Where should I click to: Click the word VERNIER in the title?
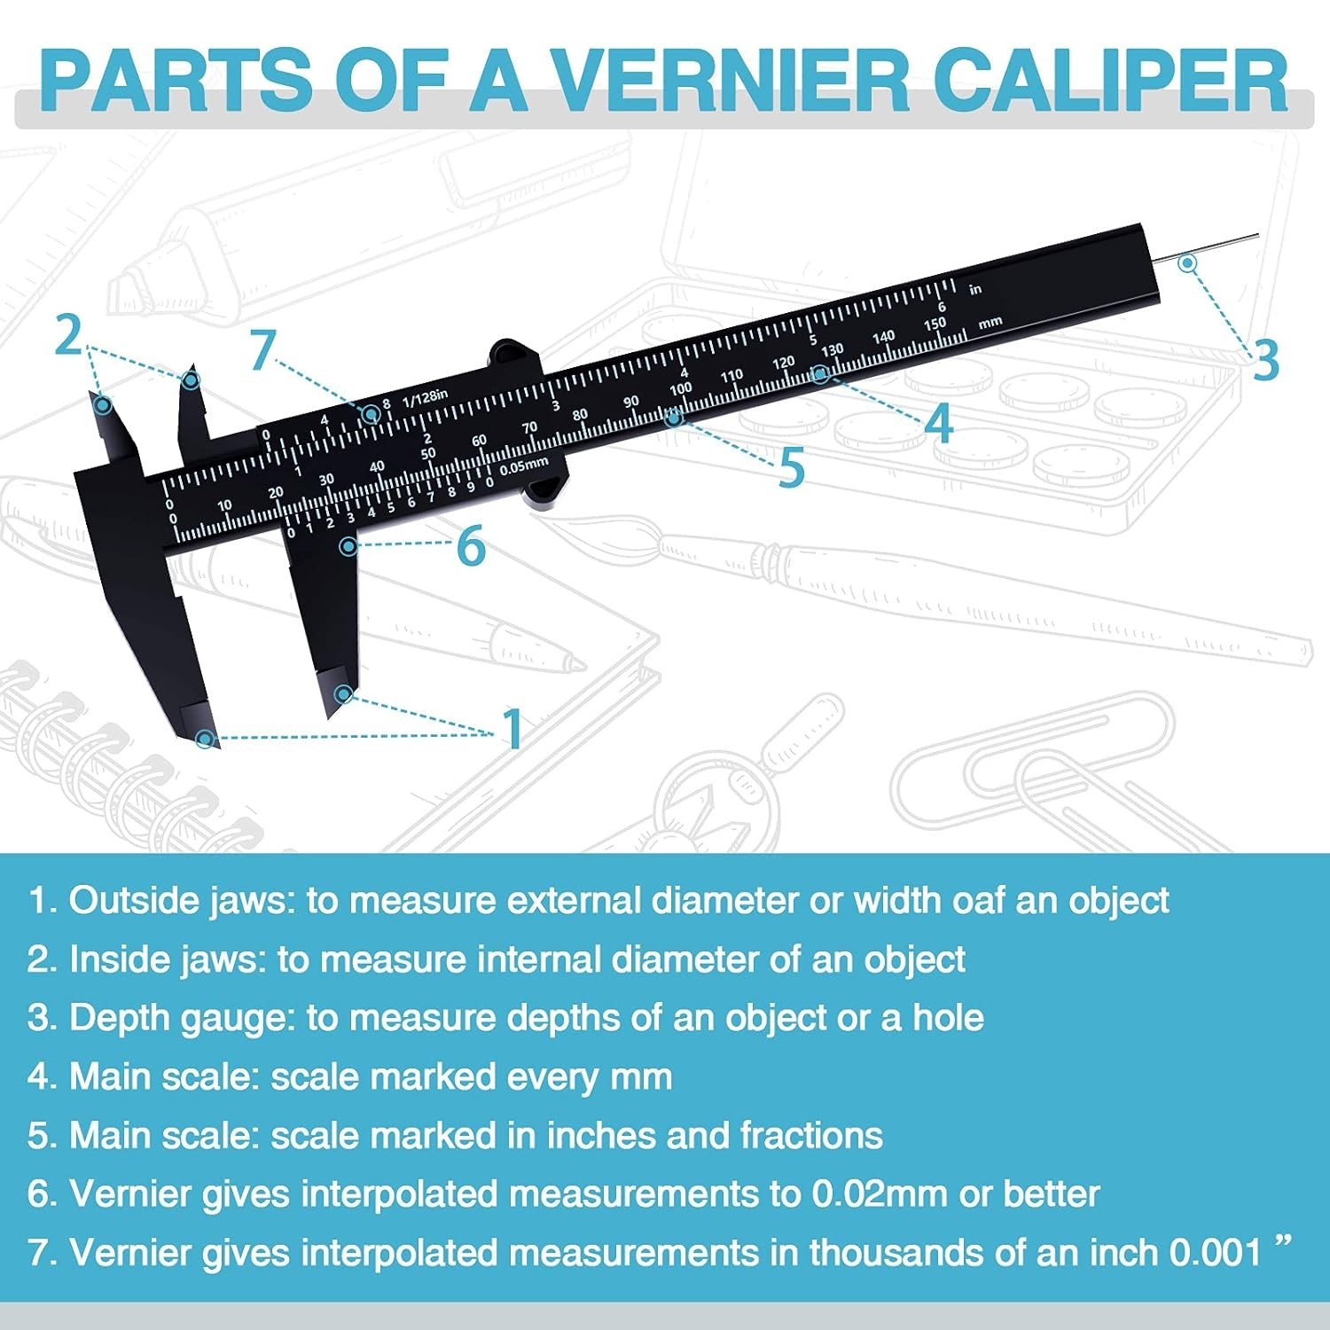click(732, 81)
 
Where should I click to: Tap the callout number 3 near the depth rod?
click(1266, 360)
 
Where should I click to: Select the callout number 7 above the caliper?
click(262, 350)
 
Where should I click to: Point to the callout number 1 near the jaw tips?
click(512, 729)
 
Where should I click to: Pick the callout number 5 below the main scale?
click(791, 467)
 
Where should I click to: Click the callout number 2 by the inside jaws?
click(68, 336)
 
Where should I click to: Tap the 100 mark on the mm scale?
click(680, 388)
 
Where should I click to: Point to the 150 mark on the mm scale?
click(935, 325)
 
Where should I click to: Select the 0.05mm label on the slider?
click(523, 465)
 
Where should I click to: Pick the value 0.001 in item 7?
click(1215, 1253)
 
